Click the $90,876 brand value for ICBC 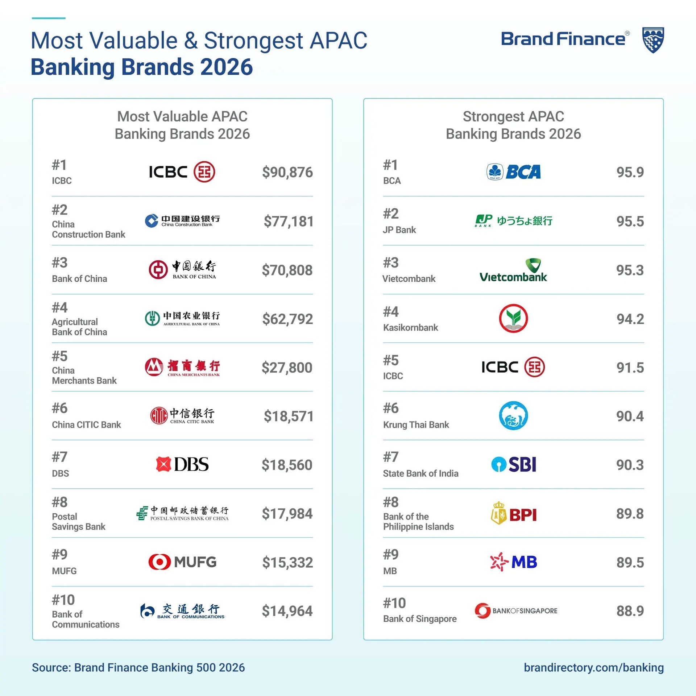287,172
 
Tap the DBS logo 182,464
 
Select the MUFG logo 182,562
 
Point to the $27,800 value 287,368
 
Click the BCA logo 513,172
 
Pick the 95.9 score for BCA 630,172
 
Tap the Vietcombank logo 513,271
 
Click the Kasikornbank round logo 513,319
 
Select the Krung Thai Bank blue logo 513,416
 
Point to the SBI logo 513,464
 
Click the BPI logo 513,514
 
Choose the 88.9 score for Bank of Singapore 630,611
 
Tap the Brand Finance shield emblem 653,40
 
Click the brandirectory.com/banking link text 593,667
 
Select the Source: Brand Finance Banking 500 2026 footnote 138,667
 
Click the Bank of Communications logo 182,611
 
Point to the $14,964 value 287,611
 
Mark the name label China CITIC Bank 86,424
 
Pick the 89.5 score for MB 630,562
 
